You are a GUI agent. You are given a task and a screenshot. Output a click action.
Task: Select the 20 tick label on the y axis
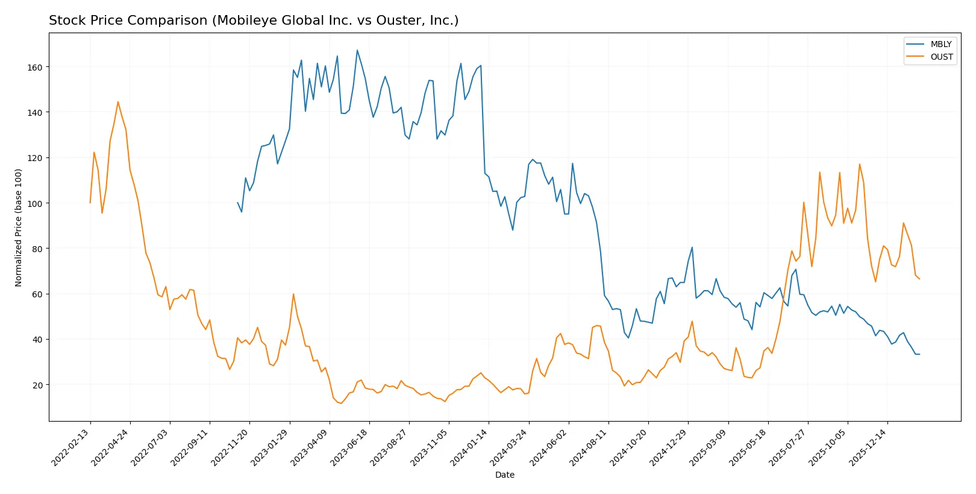(x=37, y=385)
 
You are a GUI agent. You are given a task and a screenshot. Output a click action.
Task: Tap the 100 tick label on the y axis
(x=35, y=203)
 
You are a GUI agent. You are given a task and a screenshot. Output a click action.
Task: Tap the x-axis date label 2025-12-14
(x=869, y=447)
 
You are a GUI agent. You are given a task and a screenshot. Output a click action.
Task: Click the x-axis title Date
(x=504, y=475)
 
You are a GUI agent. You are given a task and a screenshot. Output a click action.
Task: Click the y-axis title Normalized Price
(x=18, y=227)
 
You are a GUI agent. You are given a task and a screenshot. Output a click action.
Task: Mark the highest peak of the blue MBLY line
(x=357, y=50)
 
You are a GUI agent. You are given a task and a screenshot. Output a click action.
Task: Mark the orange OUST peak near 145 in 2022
(x=118, y=102)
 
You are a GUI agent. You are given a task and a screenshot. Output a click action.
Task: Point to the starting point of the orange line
(x=90, y=203)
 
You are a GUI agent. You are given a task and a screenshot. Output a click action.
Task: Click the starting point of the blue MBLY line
(x=238, y=203)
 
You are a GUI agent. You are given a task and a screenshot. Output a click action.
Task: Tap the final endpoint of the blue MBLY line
(x=919, y=354)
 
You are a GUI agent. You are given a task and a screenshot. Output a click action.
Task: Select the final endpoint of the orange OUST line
(x=919, y=279)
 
